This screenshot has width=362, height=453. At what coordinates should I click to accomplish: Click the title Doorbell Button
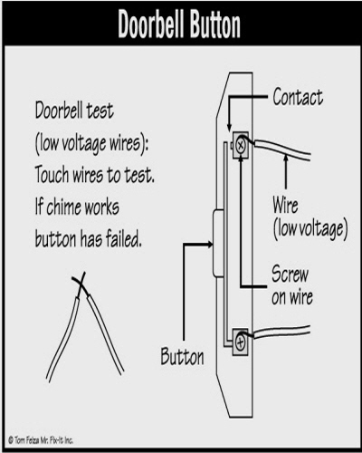point(179,24)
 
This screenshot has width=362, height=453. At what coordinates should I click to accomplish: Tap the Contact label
point(298,97)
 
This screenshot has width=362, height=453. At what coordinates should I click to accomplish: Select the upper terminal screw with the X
point(241,146)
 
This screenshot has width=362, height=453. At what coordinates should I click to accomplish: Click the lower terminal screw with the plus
point(241,342)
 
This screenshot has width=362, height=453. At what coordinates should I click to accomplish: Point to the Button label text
point(182,357)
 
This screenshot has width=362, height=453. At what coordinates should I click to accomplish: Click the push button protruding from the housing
point(218,243)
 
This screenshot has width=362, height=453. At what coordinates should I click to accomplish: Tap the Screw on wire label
point(291,285)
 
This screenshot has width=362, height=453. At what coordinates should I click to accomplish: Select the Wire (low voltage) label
point(310,218)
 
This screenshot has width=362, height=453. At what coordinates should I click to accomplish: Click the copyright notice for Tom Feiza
point(41,440)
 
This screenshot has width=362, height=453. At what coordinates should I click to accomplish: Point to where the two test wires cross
point(81,283)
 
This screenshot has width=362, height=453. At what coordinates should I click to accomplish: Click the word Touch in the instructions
point(52,175)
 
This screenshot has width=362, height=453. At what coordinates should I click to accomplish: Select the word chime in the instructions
point(63,207)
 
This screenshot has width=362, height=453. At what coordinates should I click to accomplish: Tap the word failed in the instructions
point(123,238)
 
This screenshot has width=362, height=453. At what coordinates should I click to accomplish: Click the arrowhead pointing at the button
point(209,245)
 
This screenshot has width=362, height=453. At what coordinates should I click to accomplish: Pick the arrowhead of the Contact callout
point(229,127)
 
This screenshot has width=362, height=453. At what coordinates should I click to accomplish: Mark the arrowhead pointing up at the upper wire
point(286,158)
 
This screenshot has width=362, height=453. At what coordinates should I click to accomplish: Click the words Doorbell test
point(74,111)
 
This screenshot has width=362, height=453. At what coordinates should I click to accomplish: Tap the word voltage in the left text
point(83,143)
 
